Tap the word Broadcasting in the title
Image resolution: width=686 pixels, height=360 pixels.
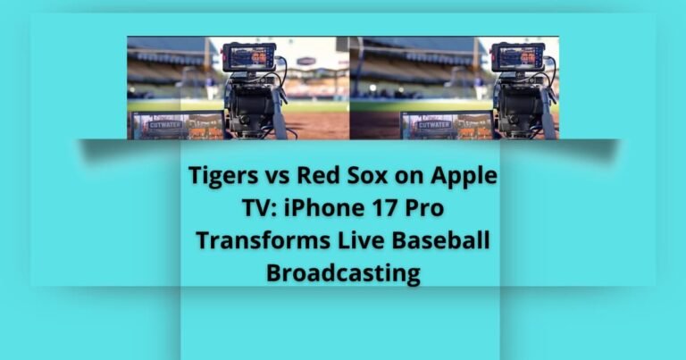[343, 272]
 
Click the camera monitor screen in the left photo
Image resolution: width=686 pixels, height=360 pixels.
[249, 57]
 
